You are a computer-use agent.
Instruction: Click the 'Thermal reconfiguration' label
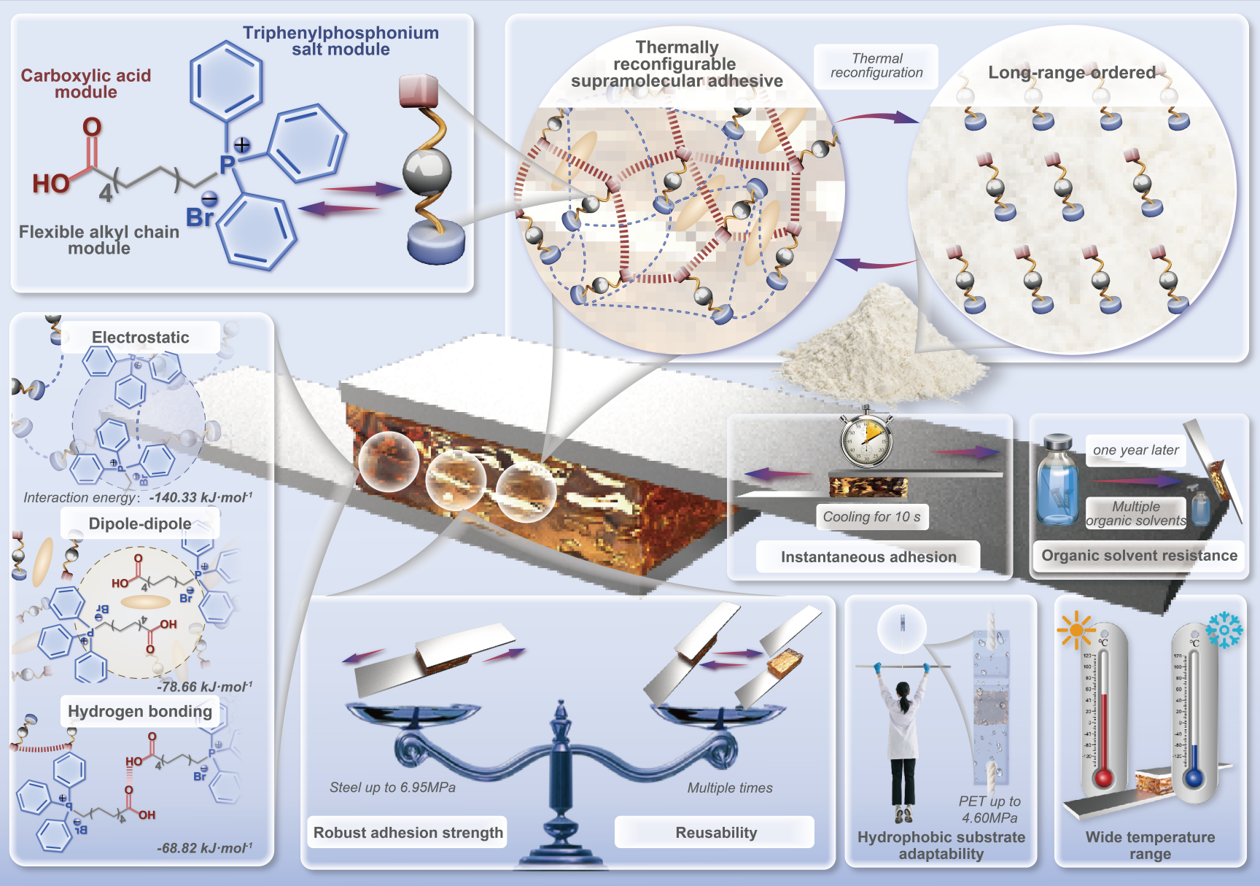[x=876, y=66]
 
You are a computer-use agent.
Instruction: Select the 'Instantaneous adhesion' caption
[x=868, y=557]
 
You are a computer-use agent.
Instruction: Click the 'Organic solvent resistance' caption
[x=1139, y=556]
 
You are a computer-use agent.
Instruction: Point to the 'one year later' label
[x=1135, y=450]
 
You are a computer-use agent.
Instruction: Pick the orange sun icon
[x=1076, y=630]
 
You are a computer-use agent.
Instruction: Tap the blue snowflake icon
[x=1224, y=629]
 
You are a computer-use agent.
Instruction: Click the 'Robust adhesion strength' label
[x=408, y=833]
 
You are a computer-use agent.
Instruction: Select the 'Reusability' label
[x=716, y=833]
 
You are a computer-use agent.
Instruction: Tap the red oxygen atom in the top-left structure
[x=92, y=128]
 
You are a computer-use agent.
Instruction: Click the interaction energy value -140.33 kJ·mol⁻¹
[x=201, y=497]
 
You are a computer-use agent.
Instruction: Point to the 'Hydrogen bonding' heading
[x=140, y=711]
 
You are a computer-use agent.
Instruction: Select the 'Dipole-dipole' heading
[x=140, y=524]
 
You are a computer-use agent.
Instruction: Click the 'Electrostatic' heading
[x=140, y=338]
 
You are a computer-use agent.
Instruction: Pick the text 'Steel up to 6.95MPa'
[x=392, y=788]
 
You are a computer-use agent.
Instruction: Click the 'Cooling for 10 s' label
[x=871, y=517]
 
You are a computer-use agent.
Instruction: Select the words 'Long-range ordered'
[x=1072, y=73]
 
